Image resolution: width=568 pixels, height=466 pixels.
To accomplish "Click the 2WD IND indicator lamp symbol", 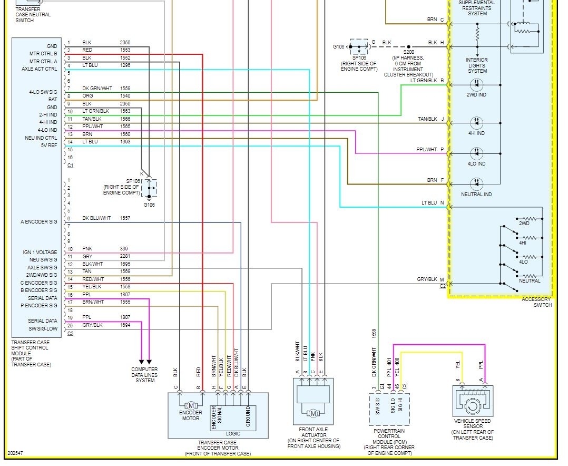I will pos(476,84).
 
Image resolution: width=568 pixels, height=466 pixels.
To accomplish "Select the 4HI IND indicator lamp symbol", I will pos(476,122).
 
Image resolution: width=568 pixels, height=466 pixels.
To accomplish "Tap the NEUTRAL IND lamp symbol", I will pos(476,183).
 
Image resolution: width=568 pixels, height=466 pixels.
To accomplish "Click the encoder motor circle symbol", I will pos(191,405).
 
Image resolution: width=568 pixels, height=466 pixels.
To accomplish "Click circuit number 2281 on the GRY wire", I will pos(125,256).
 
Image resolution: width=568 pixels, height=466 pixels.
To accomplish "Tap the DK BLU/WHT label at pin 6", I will pos(96,218).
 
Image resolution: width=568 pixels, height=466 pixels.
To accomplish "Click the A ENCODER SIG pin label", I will pos(39,222).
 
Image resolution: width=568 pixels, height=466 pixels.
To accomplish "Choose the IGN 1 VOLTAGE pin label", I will pos(40,253).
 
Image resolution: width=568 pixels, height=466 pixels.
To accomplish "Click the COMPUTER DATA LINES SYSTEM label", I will pos(144,375).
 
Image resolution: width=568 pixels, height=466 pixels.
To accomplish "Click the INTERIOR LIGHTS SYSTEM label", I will pos(477,65).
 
